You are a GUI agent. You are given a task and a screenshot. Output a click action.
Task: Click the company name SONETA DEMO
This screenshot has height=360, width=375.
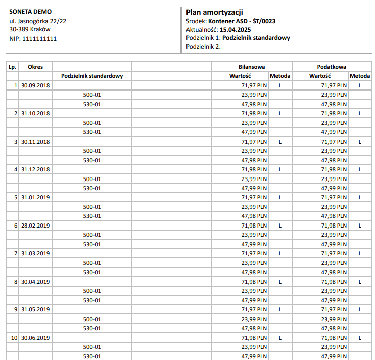30,12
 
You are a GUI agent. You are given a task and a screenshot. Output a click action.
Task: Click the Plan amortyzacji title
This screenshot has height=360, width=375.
215,12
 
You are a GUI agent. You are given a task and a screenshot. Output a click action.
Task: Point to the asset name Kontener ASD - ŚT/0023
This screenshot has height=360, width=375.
242,21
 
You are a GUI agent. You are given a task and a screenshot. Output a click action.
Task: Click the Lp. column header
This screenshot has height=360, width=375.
13,67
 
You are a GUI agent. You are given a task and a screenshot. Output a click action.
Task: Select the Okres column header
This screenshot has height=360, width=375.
35,67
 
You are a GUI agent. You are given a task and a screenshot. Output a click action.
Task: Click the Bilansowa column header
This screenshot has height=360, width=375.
252,67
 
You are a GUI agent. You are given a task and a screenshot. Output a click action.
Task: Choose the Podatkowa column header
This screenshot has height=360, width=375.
332,67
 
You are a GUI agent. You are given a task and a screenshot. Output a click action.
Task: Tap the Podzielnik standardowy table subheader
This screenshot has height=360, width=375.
92,76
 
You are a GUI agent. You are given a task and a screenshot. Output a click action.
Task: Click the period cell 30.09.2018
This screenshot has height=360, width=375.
35,85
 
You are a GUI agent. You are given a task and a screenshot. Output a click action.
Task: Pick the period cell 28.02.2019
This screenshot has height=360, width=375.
35,226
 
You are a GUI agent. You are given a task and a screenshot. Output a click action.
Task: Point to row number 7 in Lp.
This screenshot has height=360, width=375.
16,253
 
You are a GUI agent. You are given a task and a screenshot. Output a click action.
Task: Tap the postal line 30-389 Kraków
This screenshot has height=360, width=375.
33,29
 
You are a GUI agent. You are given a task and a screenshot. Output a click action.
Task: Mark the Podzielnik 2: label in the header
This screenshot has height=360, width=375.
204,47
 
